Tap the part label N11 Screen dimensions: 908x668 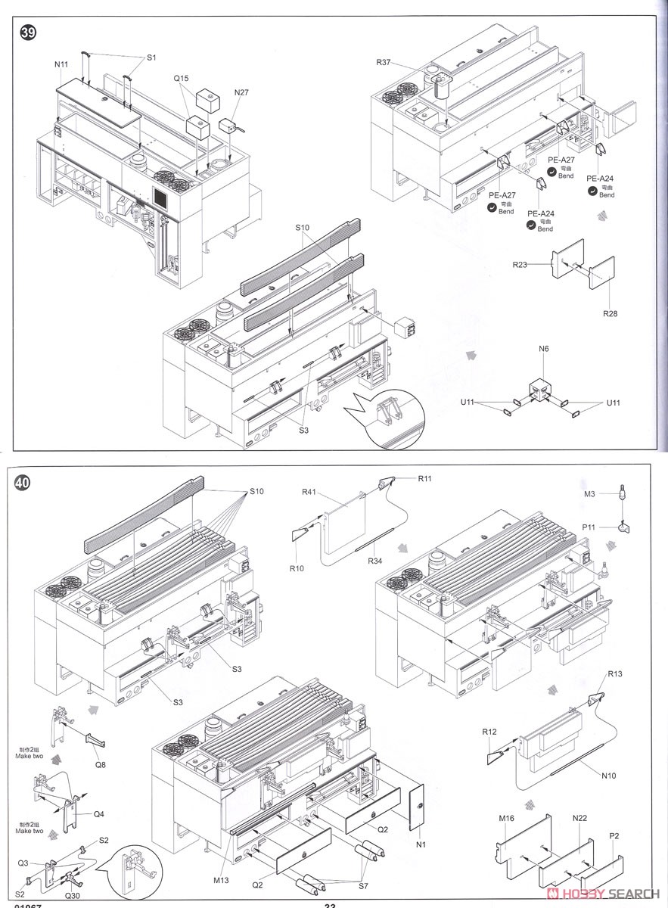click(61, 65)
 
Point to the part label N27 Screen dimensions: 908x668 click(241, 92)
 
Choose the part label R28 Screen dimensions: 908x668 click(610, 312)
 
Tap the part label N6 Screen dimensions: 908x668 click(543, 350)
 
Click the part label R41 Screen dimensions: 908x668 click(309, 492)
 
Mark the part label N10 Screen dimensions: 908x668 click(609, 775)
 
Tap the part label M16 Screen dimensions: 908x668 click(506, 818)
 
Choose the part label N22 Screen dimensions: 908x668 click(580, 818)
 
